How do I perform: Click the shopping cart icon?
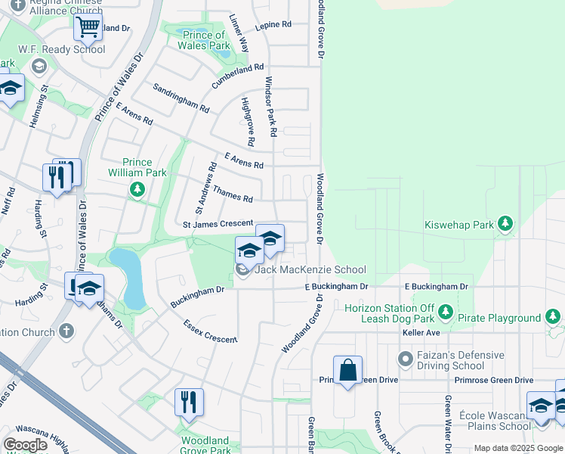[x=88, y=28]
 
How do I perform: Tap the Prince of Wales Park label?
[x=203, y=40]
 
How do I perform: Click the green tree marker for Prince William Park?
[x=137, y=188]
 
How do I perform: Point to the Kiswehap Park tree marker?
[x=505, y=224]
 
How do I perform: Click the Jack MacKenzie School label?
[x=310, y=270]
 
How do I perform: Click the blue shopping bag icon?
[x=347, y=371]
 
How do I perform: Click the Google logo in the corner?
[x=25, y=444]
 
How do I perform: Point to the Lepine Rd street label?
[x=273, y=25]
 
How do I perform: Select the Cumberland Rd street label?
[x=238, y=76]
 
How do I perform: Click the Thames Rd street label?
[x=233, y=194]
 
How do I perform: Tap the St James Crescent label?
[x=218, y=224]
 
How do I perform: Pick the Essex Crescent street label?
[x=210, y=331]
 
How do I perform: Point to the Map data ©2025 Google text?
[x=518, y=448]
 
